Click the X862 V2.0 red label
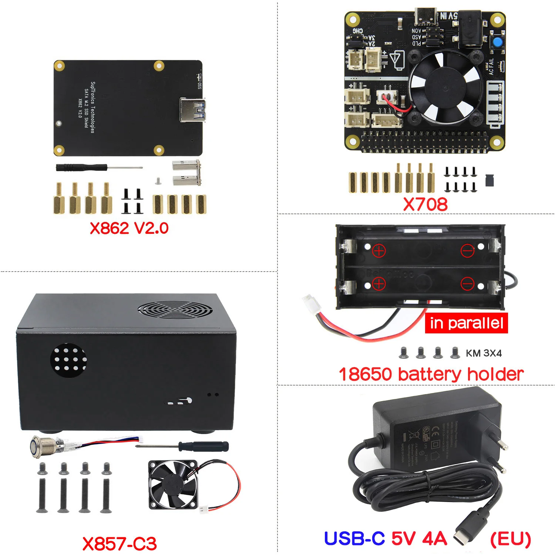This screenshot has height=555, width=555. (x=129, y=228)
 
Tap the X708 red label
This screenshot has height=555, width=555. (x=425, y=204)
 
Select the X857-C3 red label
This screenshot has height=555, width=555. (x=120, y=544)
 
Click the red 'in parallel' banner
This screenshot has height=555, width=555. (x=466, y=323)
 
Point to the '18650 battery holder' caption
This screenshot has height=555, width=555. (x=431, y=374)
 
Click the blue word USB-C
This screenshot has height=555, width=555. (x=354, y=538)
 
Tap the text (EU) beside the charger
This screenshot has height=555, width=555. (x=511, y=539)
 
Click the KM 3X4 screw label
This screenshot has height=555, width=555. (x=484, y=353)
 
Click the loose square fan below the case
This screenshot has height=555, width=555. (x=172, y=485)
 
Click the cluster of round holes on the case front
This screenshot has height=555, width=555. (x=69, y=359)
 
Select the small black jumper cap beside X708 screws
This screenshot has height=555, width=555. (x=490, y=180)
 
